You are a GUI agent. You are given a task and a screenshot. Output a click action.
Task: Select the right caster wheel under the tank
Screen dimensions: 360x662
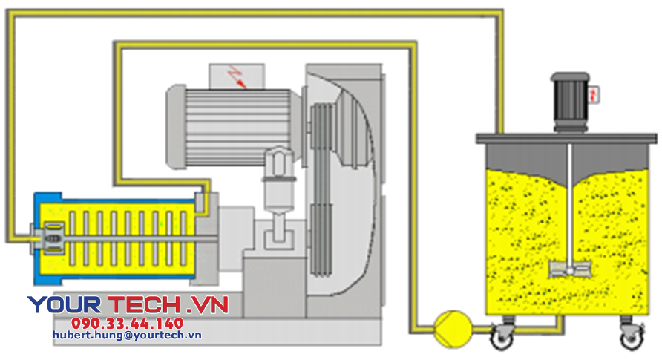pos(629,338)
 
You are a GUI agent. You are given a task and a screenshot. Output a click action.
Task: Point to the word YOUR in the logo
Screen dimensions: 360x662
pos(65,304)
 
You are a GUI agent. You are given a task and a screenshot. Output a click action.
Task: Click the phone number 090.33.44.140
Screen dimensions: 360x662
pos(127,324)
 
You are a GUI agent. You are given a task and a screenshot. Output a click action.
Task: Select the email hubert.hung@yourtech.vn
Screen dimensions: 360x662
pos(127,336)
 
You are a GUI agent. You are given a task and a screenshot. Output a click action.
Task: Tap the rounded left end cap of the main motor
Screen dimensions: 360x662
pos(175,126)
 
